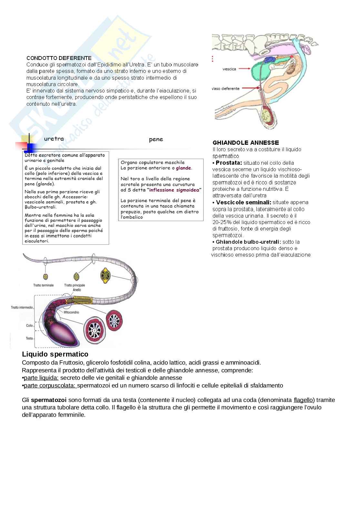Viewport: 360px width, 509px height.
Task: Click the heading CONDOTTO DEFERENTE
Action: click(x=59, y=58)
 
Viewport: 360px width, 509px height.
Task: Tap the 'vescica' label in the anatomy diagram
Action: click(x=229, y=69)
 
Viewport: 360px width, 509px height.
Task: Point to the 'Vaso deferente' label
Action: click(x=226, y=88)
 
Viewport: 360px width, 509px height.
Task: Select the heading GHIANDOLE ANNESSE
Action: click(x=245, y=142)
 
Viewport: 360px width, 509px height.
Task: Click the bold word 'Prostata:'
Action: click(x=229, y=163)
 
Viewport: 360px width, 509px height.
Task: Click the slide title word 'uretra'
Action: click(x=54, y=139)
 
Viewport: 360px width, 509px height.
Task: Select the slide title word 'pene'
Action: click(x=156, y=139)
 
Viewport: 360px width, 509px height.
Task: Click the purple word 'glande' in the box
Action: click(x=183, y=168)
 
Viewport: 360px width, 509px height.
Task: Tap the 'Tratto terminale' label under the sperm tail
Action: click(x=43, y=285)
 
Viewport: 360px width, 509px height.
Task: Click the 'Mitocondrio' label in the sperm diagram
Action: click(x=71, y=312)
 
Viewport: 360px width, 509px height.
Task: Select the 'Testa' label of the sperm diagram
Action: click(x=29, y=338)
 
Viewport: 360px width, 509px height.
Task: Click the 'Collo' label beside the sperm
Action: click(x=29, y=326)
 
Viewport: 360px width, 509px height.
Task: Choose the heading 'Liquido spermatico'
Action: click(x=55, y=355)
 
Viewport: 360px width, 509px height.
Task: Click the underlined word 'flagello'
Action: click(x=303, y=400)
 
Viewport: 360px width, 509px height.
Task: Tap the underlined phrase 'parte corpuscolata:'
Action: click(x=50, y=386)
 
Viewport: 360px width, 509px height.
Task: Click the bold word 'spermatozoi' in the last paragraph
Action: click(x=49, y=400)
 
